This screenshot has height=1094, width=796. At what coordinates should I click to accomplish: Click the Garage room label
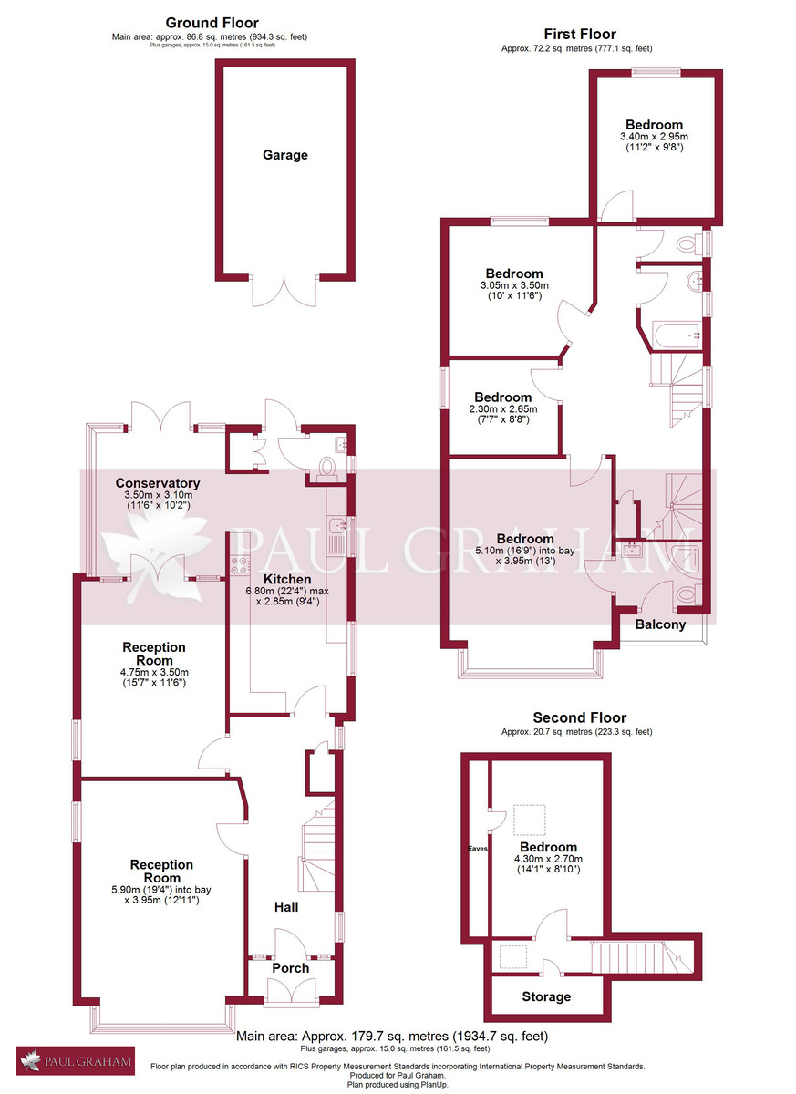pos(285,155)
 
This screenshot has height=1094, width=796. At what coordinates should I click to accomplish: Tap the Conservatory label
pos(157,483)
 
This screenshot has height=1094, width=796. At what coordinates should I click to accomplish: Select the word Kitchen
pos(287,579)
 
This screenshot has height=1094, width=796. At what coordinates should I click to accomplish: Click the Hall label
pos(286,907)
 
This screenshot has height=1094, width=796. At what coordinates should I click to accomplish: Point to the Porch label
pos(291,968)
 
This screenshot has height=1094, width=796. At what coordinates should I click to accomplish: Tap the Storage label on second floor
pos(546,996)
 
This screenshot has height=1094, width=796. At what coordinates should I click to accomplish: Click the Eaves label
pos(478,849)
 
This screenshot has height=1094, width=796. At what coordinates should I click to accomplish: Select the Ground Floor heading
pos(212,23)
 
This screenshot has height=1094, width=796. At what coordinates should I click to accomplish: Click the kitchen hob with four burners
pos(241,565)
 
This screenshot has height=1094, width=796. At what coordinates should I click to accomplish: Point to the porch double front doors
pos(291,992)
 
